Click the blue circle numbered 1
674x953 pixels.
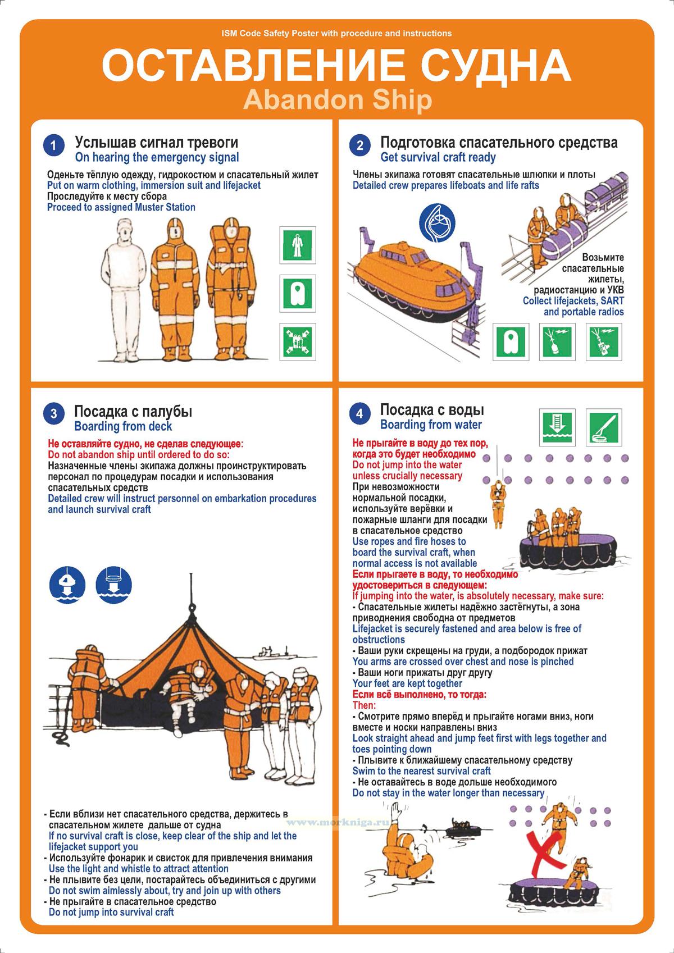click(x=53, y=146)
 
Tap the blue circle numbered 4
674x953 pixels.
click(x=359, y=413)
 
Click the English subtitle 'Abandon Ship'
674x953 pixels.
click(x=338, y=100)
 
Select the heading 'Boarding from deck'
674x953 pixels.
click(x=123, y=426)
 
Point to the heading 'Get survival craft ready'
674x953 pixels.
click(x=438, y=157)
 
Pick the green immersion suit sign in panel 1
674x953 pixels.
click(x=298, y=245)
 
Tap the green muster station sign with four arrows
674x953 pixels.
click(x=298, y=342)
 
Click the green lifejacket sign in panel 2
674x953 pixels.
click(x=511, y=342)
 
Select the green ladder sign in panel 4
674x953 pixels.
click(x=557, y=427)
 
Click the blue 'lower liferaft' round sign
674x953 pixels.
click(x=113, y=585)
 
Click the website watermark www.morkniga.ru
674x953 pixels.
click(x=337, y=822)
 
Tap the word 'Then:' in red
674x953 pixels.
click(x=364, y=705)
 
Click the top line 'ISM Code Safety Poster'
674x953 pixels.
click(x=336, y=33)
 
